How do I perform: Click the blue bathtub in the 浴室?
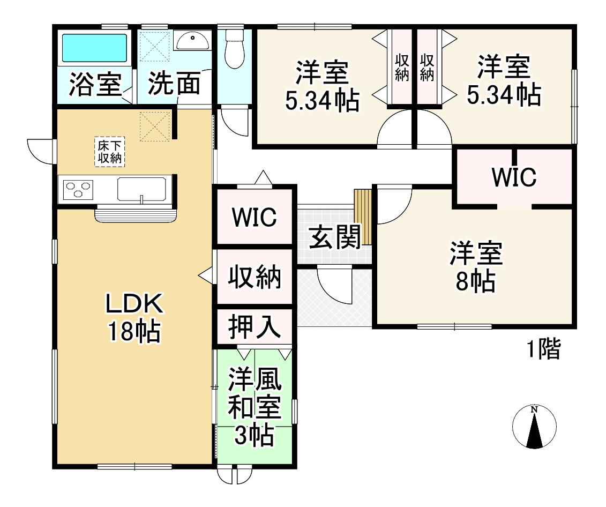[94, 49]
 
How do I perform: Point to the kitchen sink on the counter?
[142, 190]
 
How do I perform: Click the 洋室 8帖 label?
[476, 267]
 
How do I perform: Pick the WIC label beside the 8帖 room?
[513, 177]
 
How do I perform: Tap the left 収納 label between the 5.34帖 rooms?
[402, 67]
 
